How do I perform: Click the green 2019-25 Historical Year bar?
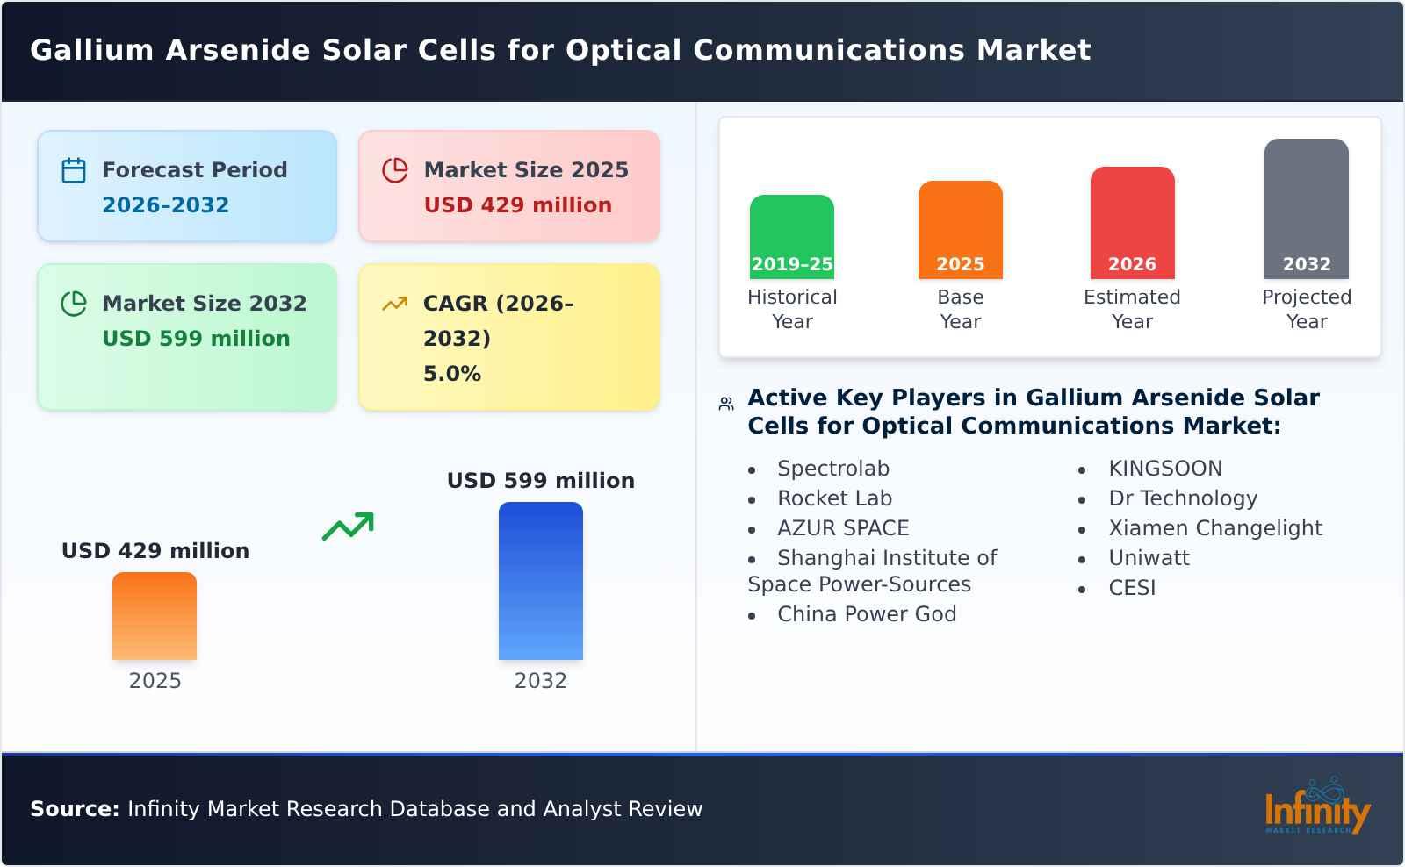click(791, 235)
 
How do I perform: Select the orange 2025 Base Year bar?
click(960, 228)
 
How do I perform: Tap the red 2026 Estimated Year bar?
click(1132, 221)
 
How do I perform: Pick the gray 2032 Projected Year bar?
click(1306, 207)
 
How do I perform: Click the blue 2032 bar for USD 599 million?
click(540, 580)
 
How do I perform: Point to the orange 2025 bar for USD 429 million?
click(155, 615)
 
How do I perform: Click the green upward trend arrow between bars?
click(348, 527)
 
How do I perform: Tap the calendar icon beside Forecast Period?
click(74, 170)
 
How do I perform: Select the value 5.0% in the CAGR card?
click(451, 374)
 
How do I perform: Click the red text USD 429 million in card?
click(517, 205)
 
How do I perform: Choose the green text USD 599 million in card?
click(196, 339)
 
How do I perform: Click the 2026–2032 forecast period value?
click(165, 205)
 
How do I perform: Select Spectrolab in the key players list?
click(832, 469)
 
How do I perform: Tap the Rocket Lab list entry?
click(834, 498)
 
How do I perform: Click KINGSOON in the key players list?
click(1164, 469)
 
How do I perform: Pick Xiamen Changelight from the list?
click(1214, 528)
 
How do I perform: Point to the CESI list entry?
click(1131, 588)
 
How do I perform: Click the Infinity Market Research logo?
click(1316, 808)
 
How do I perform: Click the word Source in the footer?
click(74, 809)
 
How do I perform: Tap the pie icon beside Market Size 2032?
click(74, 304)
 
